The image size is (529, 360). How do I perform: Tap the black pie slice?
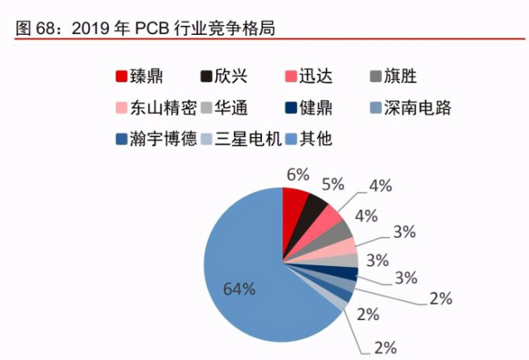click(314, 210)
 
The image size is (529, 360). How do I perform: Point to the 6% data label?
click(297, 175)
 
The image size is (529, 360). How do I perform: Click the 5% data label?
click(333, 184)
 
